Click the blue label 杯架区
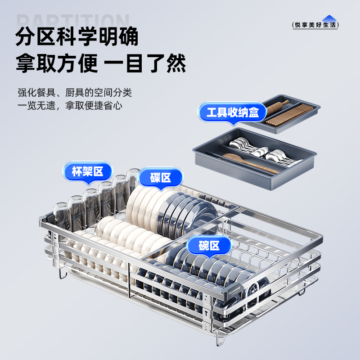pyautogui.click(x=87, y=171)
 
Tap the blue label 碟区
pyautogui.click(x=161, y=177)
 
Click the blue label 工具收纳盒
pyautogui.click(x=233, y=112)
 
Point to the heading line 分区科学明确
pyautogui.click(x=77, y=37)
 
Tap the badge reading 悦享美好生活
pyautogui.click(x=315, y=25)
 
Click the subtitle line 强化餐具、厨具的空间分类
pyautogui.click(x=75, y=93)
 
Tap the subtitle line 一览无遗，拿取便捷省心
pyautogui.click(x=70, y=106)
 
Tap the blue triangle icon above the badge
pyautogui.click(x=328, y=18)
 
